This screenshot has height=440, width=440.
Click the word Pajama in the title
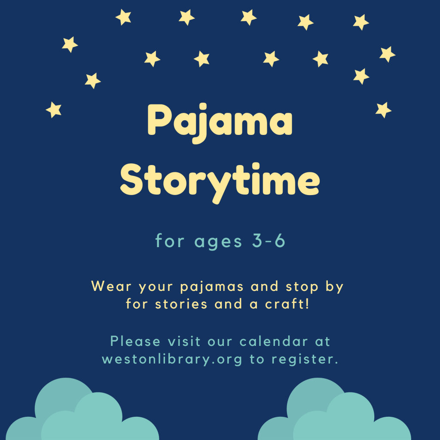pyautogui.click(x=220, y=121)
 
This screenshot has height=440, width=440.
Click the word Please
pyautogui.click(x=135, y=342)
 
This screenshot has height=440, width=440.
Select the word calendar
pyautogui.click(x=274, y=342)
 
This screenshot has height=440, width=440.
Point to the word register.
pyautogui.click(x=305, y=360)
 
